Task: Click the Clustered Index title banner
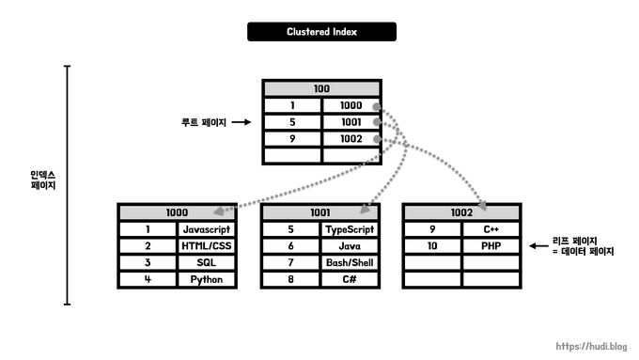pyautogui.click(x=321, y=32)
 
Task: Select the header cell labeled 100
pyautogui.click(x=321, y=88)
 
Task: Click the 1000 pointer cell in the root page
pyautogui.click(x=351, y=105)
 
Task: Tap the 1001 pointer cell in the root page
pyautogui.click(x=351, y=122)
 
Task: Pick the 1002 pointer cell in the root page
pyautogui.click(x=351, y=139)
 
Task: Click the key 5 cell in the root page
pyautogui.click(x=292, y=122)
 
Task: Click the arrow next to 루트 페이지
pyautogui.click(x=241, y=122)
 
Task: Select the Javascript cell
pyautogui.click(x=206, y=228)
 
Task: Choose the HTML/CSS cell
pyautogui.click(x=206, y=245)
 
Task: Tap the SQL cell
pyautogui.click(x=206, y=262)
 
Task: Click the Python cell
pyautogui.click(x=206, y=279)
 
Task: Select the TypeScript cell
pyautogui.click(x=350, y=228)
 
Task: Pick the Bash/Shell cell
pyautogui.click(x=350, y=262)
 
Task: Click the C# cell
pyautogui.click(x=350, y=279)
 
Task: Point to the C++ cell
pyautogui.click(x=491, y=228)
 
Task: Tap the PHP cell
pyautogui.click(x=491, y=245)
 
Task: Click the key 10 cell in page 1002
pyautogui.click(x=432, y=245)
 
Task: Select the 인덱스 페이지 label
pyautogui.click(x=43, y=180)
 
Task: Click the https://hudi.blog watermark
pyautogui.click(x=592, y=346)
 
